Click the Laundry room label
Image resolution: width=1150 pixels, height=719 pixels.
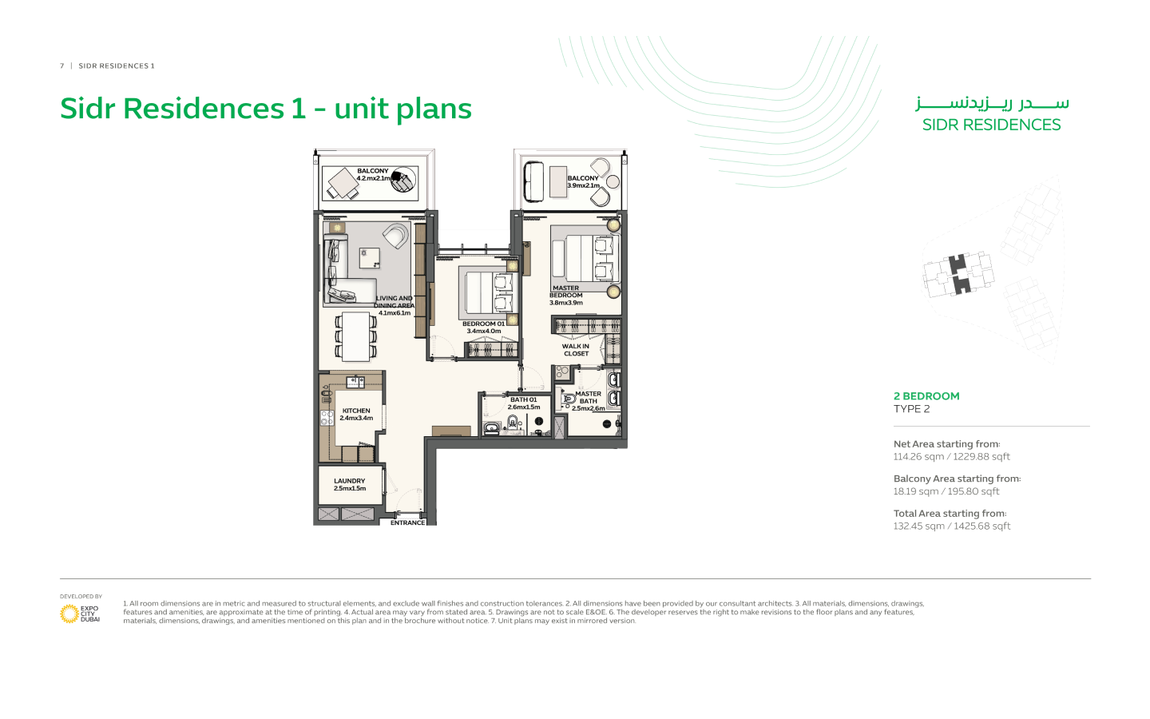350,485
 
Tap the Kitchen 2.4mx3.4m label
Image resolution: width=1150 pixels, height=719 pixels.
356,415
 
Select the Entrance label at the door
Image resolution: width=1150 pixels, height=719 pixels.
407,522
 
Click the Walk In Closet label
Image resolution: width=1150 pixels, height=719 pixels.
576,350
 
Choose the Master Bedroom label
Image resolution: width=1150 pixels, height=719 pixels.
566,296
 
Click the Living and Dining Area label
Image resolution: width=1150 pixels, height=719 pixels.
395,305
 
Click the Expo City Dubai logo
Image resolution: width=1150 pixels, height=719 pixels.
80,614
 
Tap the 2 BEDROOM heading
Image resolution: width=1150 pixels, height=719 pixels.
926,396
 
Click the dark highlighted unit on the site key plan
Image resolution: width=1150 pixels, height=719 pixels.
958,274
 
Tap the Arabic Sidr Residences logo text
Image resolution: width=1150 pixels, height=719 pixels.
992,103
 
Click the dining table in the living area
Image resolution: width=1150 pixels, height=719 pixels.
356,336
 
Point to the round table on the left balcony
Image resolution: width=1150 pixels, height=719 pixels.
403,179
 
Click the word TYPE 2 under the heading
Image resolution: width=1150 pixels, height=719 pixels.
911,409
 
